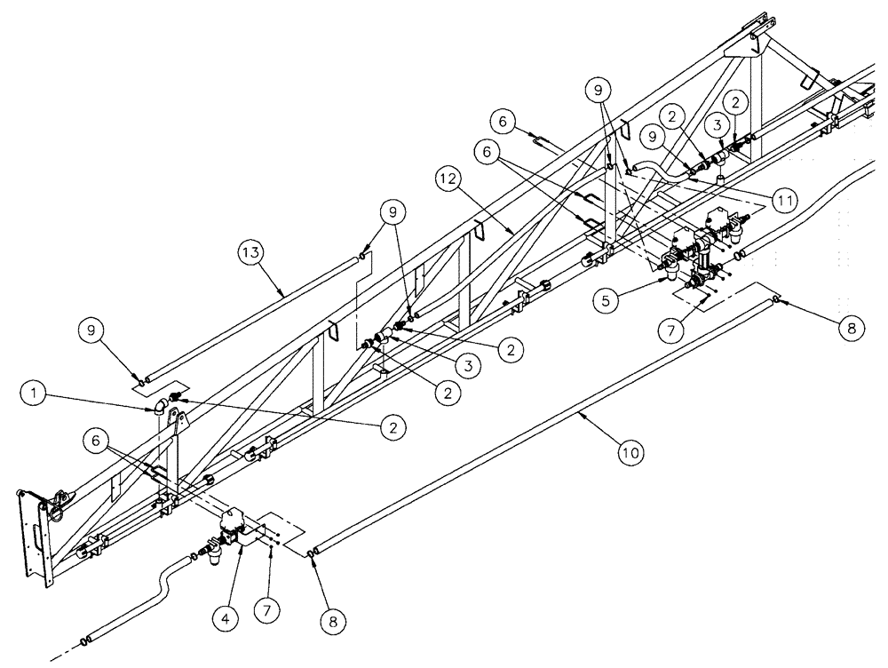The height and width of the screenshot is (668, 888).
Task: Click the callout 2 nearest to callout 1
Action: coord(387,427)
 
